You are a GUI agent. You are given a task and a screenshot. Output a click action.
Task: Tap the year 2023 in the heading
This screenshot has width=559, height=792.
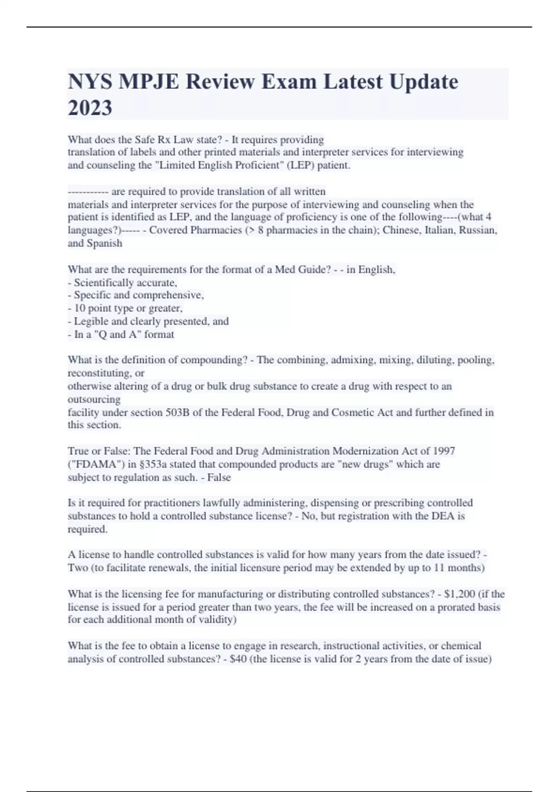[90, 108]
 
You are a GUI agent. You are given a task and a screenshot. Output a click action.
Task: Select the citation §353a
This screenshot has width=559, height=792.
[153, 464]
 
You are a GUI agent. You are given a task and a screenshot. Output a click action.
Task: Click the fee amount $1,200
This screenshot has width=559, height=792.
[460, 594]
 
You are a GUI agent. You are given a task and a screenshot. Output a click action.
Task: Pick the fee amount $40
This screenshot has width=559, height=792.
[239, 659]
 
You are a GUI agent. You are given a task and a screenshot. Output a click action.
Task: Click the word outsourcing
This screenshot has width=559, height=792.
[94, 400]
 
